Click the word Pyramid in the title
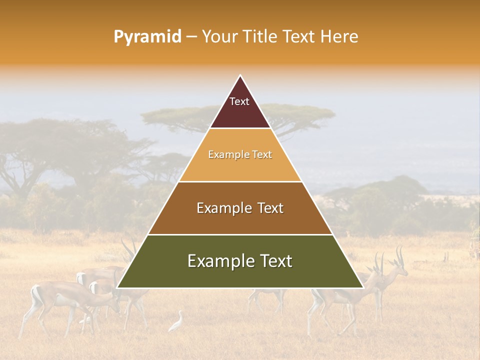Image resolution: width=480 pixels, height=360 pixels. [147, 37]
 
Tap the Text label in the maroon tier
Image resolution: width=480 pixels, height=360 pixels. [239, 101]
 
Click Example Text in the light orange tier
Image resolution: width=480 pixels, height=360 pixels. [240, 154]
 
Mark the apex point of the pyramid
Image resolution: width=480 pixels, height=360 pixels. [240, 75]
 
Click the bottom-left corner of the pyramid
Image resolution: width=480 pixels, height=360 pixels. [117, 287]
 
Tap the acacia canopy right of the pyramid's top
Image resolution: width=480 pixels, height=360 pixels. [300, 114]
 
